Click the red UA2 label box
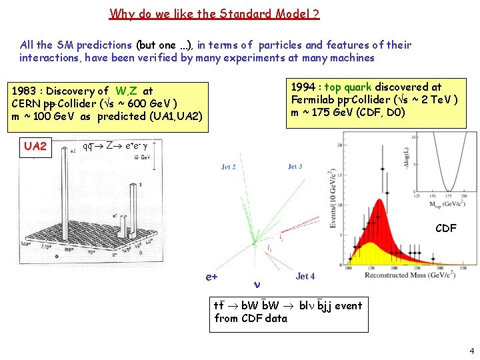(35, 146)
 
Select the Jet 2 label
(228, 167)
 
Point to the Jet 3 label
(295, 166)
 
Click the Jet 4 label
(305, 276)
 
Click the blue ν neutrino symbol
(257, 283)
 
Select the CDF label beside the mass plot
(445, 228)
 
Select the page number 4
(471, 350)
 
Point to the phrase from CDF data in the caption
(251, 318)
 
